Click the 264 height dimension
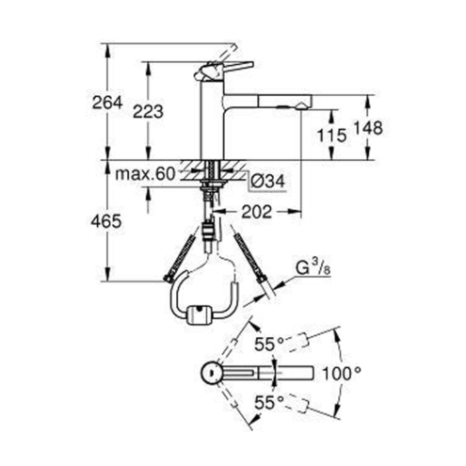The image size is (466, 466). click(107, 103)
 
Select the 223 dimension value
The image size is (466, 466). click(148, 111)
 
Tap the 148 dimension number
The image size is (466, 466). click(368, 128)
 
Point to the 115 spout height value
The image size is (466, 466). click(331, 136)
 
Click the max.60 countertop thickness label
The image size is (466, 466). click(145, 173)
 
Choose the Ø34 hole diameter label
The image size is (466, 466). click(268, 181)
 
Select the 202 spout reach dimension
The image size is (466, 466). click(256, 212)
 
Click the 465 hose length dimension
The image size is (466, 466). click(106, 221)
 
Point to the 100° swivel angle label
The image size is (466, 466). click(342, 374)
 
